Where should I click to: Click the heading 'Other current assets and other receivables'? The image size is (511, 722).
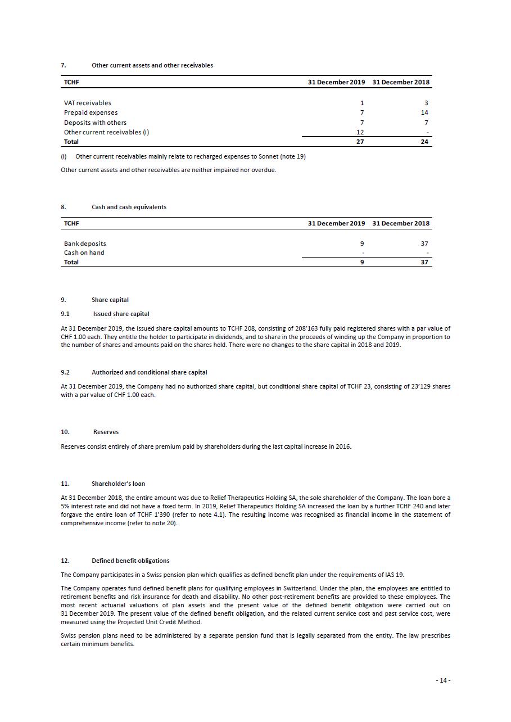point(152,65)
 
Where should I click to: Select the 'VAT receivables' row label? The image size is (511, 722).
point(87,103)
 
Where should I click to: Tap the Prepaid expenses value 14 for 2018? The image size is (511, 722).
point(424,112)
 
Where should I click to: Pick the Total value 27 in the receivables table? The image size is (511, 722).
point(360,142)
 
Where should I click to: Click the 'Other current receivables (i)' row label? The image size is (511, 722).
point(106,132)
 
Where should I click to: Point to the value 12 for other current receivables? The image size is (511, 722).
point(360,132)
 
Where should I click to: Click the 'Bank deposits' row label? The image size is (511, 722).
point(85,243)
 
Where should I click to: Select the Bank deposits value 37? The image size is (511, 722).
point(424,243)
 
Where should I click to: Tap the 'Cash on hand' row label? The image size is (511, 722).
point(84,252)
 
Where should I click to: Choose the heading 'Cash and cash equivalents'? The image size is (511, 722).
point(129,207)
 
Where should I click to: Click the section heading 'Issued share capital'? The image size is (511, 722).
point(121,314)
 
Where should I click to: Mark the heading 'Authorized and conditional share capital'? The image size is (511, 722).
point(149,372)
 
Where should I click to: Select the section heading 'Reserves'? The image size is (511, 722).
point(106,432)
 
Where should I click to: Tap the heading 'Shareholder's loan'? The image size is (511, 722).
point(118,484)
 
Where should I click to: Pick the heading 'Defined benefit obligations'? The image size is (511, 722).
point(130,561)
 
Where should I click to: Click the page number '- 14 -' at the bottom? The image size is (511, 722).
point(443,680)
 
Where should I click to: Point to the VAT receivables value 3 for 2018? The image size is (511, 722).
point(426,103)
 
